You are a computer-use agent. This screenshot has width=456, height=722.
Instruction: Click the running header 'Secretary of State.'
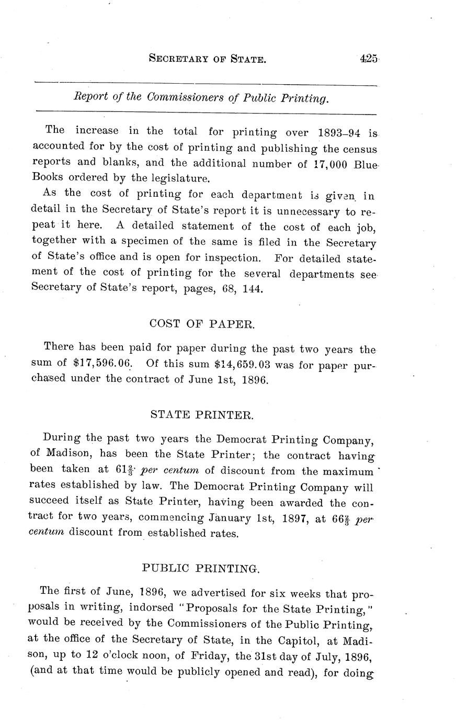(207, 60)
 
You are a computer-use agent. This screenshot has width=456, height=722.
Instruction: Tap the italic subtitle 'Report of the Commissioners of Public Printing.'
(202, 98)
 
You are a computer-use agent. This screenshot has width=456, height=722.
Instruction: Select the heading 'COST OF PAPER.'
(202, 323)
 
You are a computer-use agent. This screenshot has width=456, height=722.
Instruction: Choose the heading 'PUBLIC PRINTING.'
(201, 567)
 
